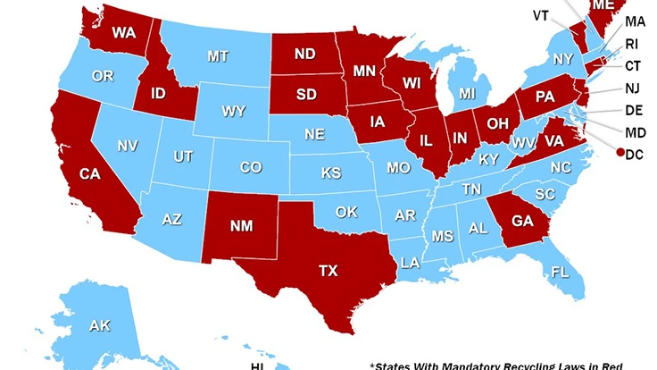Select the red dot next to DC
pos(620,154)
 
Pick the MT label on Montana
pos(218,56)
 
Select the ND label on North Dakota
pos(304,55)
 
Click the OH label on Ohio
pos(497,122)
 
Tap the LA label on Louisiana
pos(410,263)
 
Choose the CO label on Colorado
pos(250,167)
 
